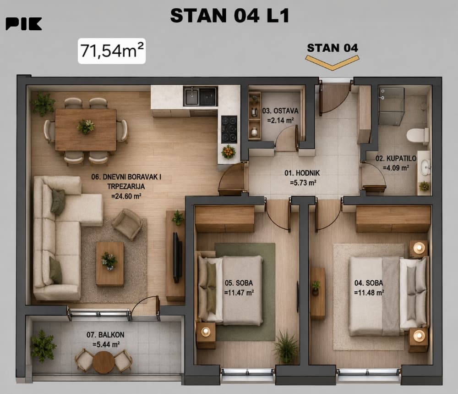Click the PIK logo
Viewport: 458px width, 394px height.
click(24, 24)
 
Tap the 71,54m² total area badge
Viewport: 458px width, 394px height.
click(112, 51)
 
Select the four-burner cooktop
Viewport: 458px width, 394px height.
click(229, 129)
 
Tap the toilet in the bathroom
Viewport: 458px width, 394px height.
click(418, 136)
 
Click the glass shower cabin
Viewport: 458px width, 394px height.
click(392, 106)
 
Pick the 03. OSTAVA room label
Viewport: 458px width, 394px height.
click(280, 111)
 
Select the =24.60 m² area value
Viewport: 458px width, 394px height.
click(126, 196)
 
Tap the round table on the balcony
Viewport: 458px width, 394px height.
click(103, 362)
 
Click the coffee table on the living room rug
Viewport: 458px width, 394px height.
click(110, 264)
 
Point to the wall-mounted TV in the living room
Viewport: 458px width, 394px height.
click(176, 257)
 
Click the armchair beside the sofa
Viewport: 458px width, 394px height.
click(128, 224)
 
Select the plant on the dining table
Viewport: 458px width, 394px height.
click(86, 126)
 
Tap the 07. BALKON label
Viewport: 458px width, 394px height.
click(105, 335)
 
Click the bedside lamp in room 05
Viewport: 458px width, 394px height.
click(206, 331)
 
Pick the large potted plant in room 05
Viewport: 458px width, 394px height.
click(286, 347)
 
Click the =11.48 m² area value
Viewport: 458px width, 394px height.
click(369, 293)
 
